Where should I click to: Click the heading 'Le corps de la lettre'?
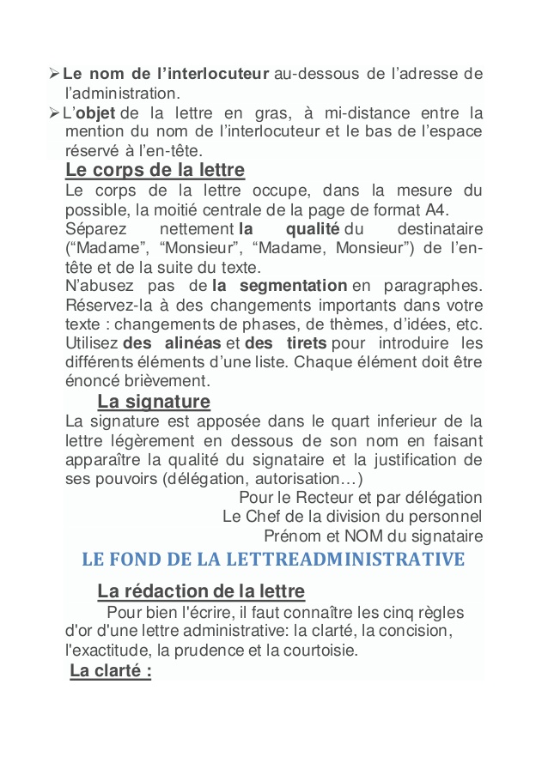[155, 170]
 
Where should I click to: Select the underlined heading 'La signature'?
[154, 402]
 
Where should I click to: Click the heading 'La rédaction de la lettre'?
[201, 591]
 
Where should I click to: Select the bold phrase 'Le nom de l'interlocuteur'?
[167, 74]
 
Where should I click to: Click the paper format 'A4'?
[435, 209]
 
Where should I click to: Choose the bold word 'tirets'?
[297, 343]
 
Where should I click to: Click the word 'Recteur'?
[323, 498]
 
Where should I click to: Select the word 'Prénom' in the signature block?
[289, 536]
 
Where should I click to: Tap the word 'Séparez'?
[96, 229]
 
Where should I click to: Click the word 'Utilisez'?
[92, 343]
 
